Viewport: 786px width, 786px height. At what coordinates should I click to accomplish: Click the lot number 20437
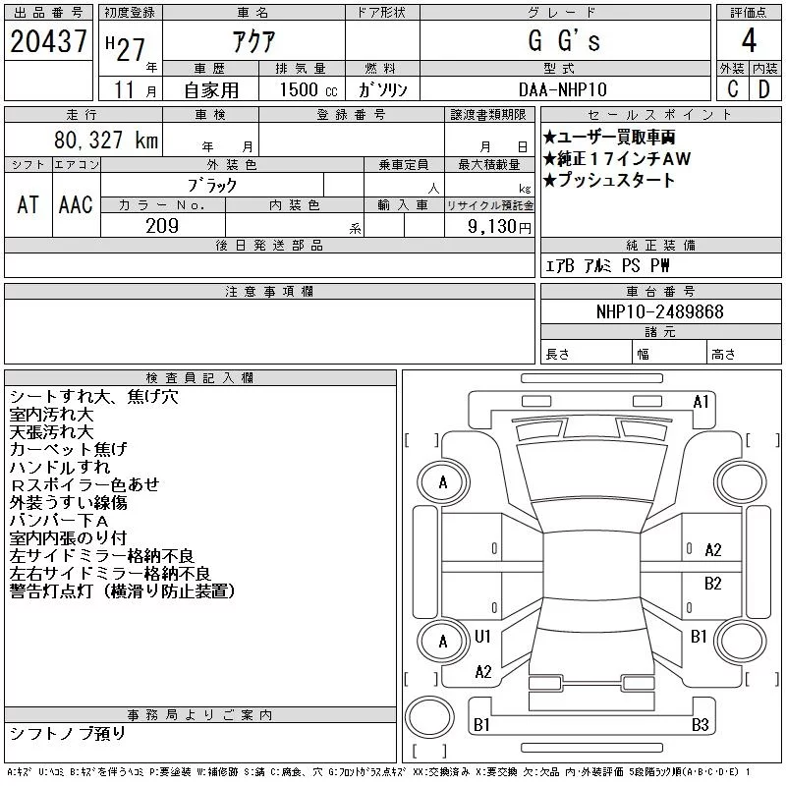tap(48, 41)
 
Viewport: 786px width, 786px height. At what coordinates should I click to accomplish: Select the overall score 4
tap(749, 40)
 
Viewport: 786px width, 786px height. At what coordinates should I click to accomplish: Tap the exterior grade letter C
tap(733, 89)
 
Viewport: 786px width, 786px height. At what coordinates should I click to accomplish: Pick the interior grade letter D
tap(764, 89)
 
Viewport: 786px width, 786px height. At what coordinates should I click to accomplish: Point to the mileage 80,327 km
tap(106, 140)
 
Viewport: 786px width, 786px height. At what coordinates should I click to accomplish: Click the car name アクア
tap(253, 41)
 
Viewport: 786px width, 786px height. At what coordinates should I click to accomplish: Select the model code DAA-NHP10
tap(563, 89)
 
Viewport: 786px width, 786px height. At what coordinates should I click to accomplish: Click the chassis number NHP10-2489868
tap(659, 311)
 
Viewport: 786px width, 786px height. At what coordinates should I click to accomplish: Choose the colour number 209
tap(162, 226)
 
